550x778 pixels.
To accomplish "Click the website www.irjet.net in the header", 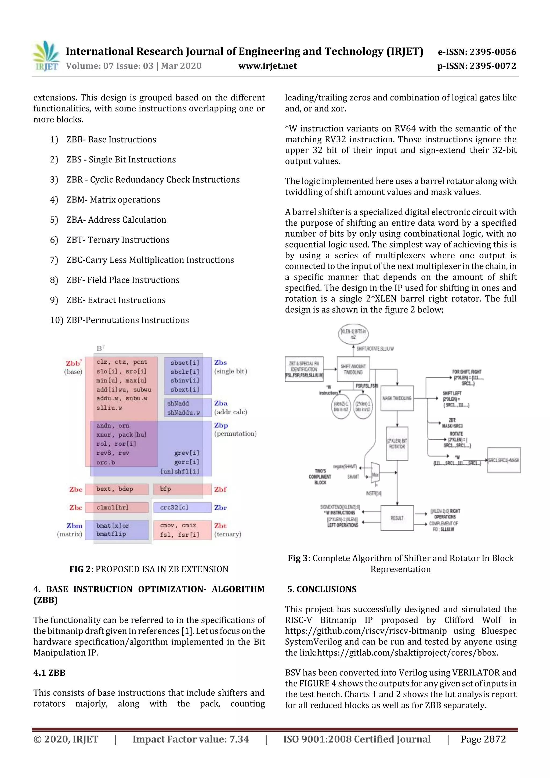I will pos(267,66).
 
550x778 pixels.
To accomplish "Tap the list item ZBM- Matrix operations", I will pos(113,200).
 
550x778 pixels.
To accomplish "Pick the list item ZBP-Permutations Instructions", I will pos(127,320).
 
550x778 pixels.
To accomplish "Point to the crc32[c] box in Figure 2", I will pos(182,508).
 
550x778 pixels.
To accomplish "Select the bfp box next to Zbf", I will pos(182,489).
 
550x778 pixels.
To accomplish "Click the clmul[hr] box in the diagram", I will pos(116,508).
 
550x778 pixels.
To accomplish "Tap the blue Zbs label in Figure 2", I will pos(220,363).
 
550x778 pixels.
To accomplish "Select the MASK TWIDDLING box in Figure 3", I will pos(397,398).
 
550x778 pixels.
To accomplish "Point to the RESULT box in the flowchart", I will pos(397,518).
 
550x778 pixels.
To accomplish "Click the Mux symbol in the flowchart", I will pos(375,474).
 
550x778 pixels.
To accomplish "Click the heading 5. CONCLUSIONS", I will pos(322,589).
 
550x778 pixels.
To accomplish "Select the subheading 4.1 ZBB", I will pos(49,673).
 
